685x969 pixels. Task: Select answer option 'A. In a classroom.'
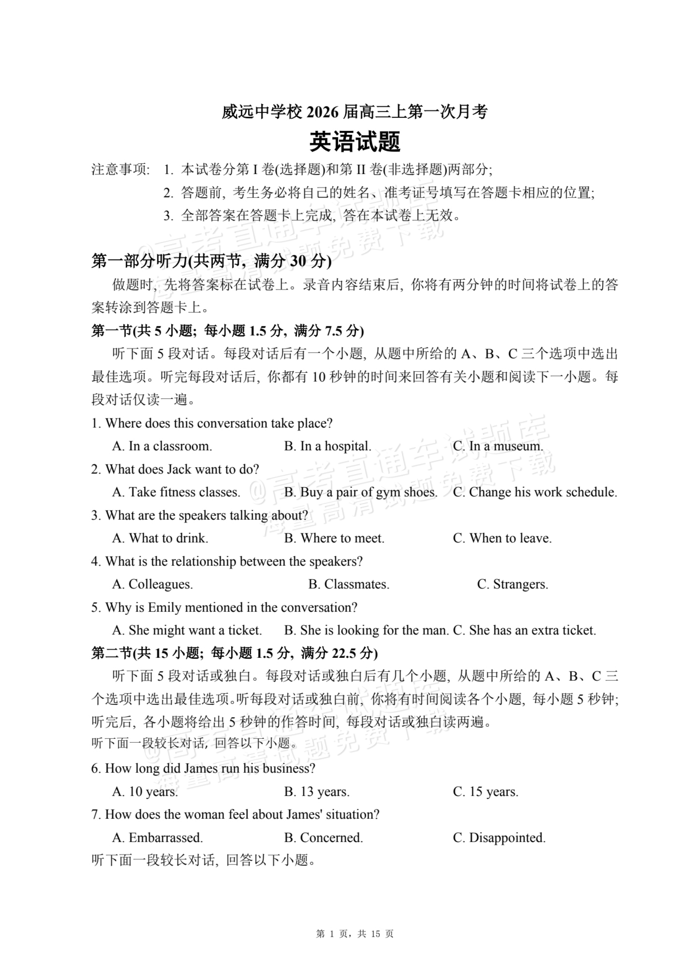pyautogui.click(x=162, y=446)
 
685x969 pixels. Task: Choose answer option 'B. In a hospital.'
pyautogui.click(x=328, y=446)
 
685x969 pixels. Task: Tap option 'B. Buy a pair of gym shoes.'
pyautogui.click(x=361, y=492)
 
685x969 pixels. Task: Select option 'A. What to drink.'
pyautogui.click(x=160, y=538)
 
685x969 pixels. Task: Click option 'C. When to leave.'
pyautogui.click(x=502, y=538)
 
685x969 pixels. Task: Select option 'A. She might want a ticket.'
pyautogui.click(x=187, y=630)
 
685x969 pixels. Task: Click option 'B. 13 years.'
pyautogui.click(x=317, y=792)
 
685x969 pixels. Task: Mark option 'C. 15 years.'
pyautogui.click(x=485, y=792)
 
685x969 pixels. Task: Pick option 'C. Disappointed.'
pyautogui.click(x=499, y=838)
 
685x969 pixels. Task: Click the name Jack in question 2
pyautogui.click(x=179, y=469)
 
